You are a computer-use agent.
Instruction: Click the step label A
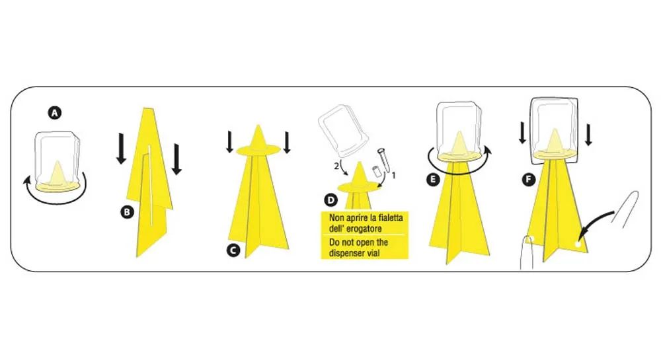click(x=54, y=113)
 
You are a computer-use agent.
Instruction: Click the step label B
click(x=127, y=212)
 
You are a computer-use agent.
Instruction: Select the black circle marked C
click(x=233, y=250)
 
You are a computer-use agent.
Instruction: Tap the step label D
click(x=331, y=200)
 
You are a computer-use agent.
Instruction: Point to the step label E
click(x=432, y=180)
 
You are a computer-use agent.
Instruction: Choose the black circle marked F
click(x=528, y=180)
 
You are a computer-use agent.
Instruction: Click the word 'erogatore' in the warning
click(x=366, y=229)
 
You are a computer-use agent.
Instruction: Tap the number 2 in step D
click(x=336, y=166)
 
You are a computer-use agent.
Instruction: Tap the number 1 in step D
click(x=394, y=175)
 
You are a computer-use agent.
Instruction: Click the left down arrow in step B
click(x=121, y=148)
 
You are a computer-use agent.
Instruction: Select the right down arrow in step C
click(x=287, y=142)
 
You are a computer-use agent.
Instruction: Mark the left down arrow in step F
click(x=522, y=132)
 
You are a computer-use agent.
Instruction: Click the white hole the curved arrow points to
click(x=578, y=244)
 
